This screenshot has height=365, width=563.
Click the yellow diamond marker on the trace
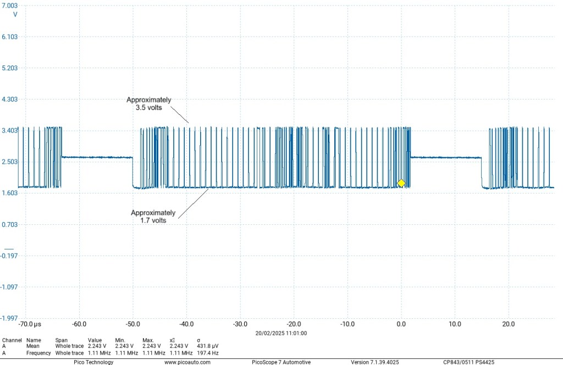[401, 183]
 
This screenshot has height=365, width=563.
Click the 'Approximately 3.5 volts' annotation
[148, 104]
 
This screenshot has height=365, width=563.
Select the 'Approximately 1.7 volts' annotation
[153, 216]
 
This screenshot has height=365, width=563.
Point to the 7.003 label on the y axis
[10, 5]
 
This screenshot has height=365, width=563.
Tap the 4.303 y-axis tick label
[10, 99]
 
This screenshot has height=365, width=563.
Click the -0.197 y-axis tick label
[10, 256]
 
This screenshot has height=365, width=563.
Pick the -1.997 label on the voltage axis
[10, 318]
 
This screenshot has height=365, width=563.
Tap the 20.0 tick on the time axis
[509, 324]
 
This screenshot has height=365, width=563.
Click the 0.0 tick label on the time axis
[401, 324]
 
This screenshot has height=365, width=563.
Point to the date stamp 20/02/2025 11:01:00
[281, 333]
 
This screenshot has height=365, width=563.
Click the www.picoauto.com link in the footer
[187, 362]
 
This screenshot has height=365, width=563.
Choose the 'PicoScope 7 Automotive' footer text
[281, 362]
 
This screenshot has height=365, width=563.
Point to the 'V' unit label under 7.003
[15, 14]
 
